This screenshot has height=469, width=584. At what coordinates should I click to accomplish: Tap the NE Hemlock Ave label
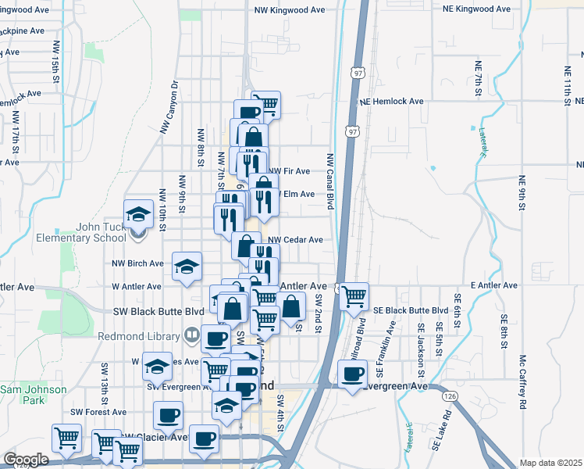(391, 102)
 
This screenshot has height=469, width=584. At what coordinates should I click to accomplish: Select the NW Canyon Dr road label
(169, 107)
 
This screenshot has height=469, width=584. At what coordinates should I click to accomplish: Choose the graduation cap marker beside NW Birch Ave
(187, 266)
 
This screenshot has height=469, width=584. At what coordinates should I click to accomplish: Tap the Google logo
(26, 460)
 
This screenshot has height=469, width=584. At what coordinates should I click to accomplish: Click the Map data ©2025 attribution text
(550, 463)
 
